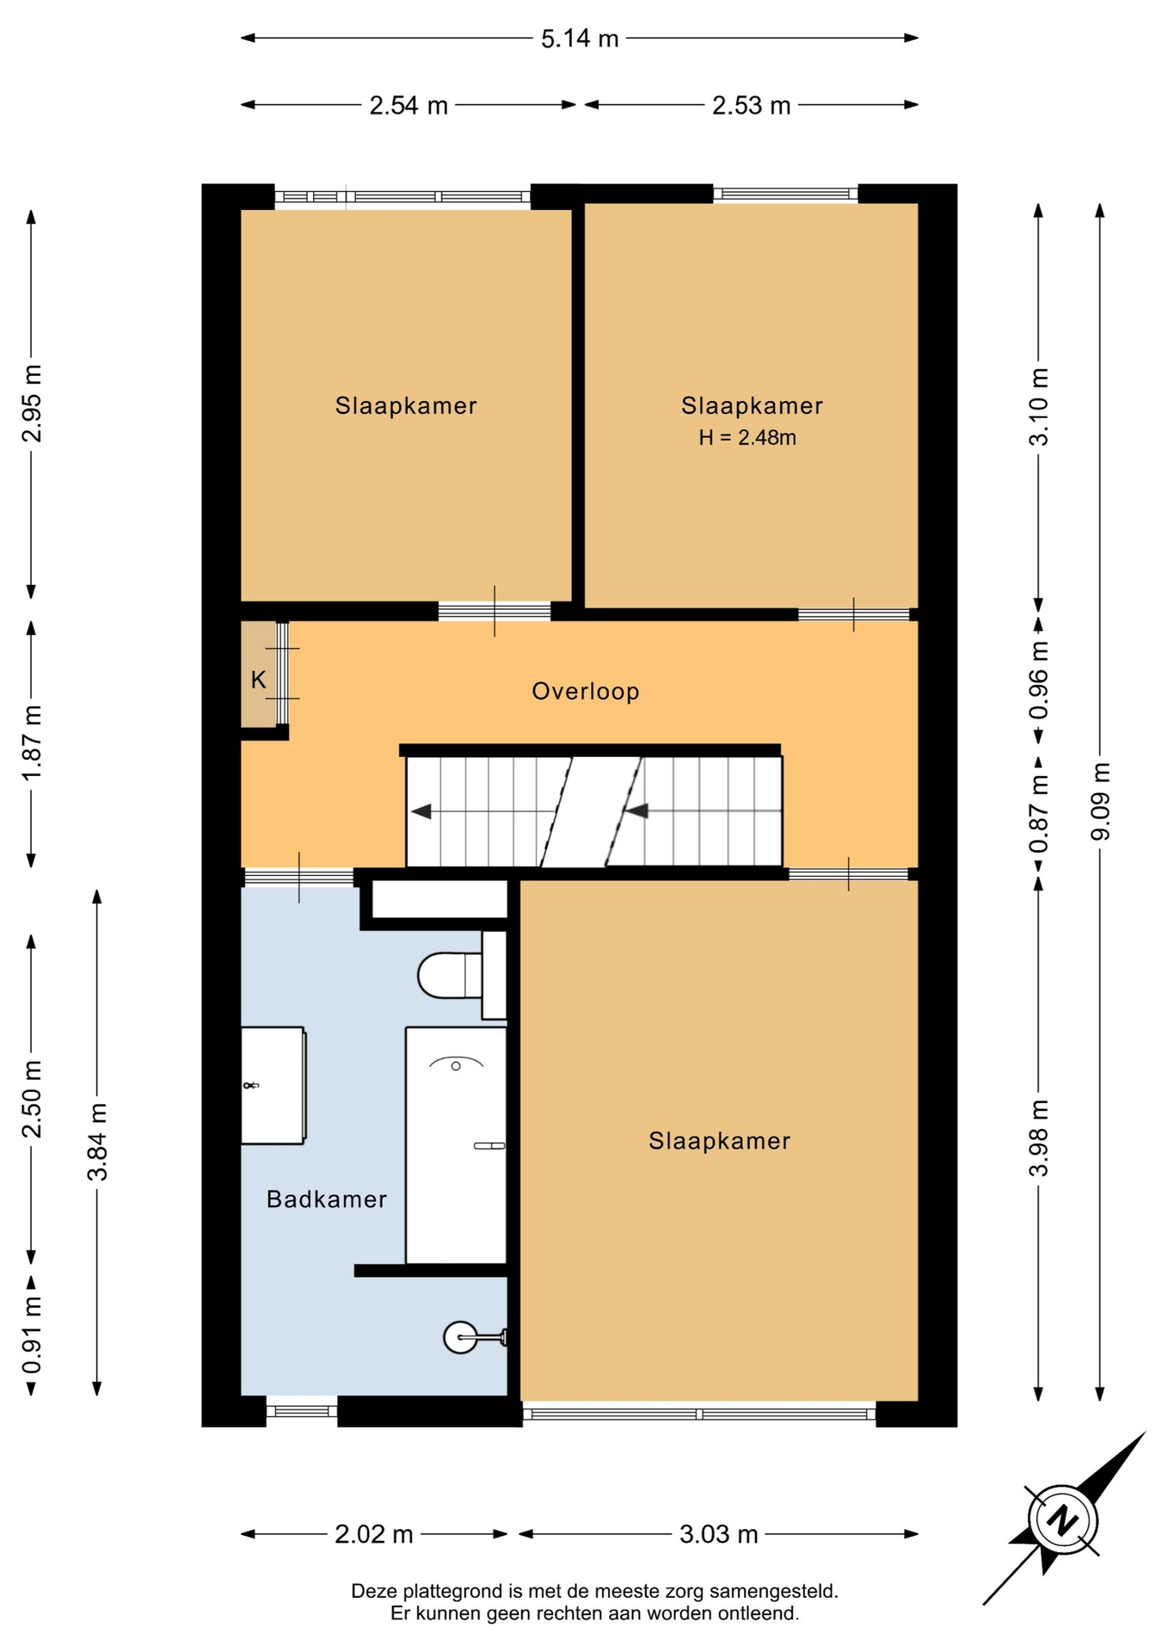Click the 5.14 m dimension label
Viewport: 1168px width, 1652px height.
(x=580, y=39)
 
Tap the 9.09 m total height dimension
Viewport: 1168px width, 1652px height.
(x=1100, y=800)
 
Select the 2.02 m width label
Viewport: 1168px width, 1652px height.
(x=374, y=1533)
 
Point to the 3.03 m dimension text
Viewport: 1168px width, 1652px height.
(x=719, y=1533)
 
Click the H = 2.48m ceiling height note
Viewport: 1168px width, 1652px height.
(x=747, y=437)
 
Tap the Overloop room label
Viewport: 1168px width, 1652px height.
(x=586, y=691)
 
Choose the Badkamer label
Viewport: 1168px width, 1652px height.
(x=327, y=1199)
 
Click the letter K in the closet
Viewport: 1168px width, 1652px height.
(x=258, y=680)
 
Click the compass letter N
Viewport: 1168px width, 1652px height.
(x=1064, y=1519)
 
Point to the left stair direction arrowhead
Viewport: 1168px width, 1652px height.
(x=421, y=811)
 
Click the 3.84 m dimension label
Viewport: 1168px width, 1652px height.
(x=97, y=1142)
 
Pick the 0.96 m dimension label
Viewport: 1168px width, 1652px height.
(x=1039, y=681)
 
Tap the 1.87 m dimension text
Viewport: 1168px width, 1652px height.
(x=32, y=743)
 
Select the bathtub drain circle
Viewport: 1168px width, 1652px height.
(x=456, y=1066)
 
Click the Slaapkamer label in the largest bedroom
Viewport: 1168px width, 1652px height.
(x=719, y=1141)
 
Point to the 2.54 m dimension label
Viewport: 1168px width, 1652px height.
(x=409, y=105)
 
